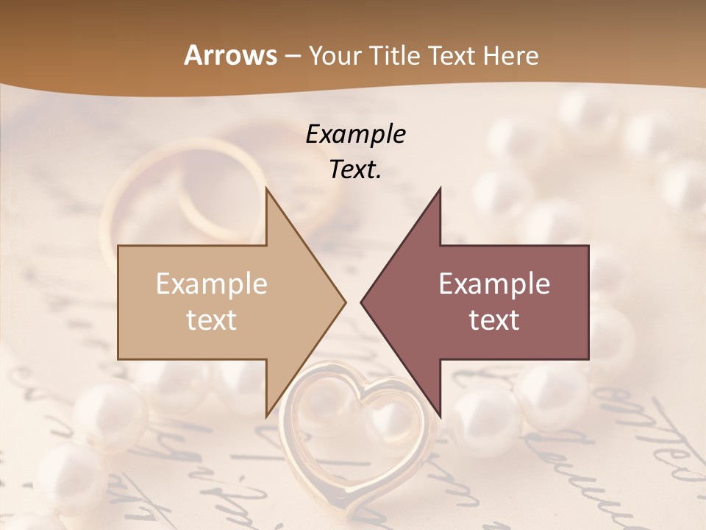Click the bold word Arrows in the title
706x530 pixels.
[230, 55]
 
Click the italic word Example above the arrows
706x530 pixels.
[356, 134]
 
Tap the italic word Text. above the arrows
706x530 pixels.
[356, 169]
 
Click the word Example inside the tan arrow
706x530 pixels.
[212, 283]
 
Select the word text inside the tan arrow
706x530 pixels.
[212, 320]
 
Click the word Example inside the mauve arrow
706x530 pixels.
[494, 283]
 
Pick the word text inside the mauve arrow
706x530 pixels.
[494, 320]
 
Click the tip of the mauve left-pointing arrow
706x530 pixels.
[362, 302]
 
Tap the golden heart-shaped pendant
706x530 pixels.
[360, 434]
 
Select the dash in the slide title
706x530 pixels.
[291, 56]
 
